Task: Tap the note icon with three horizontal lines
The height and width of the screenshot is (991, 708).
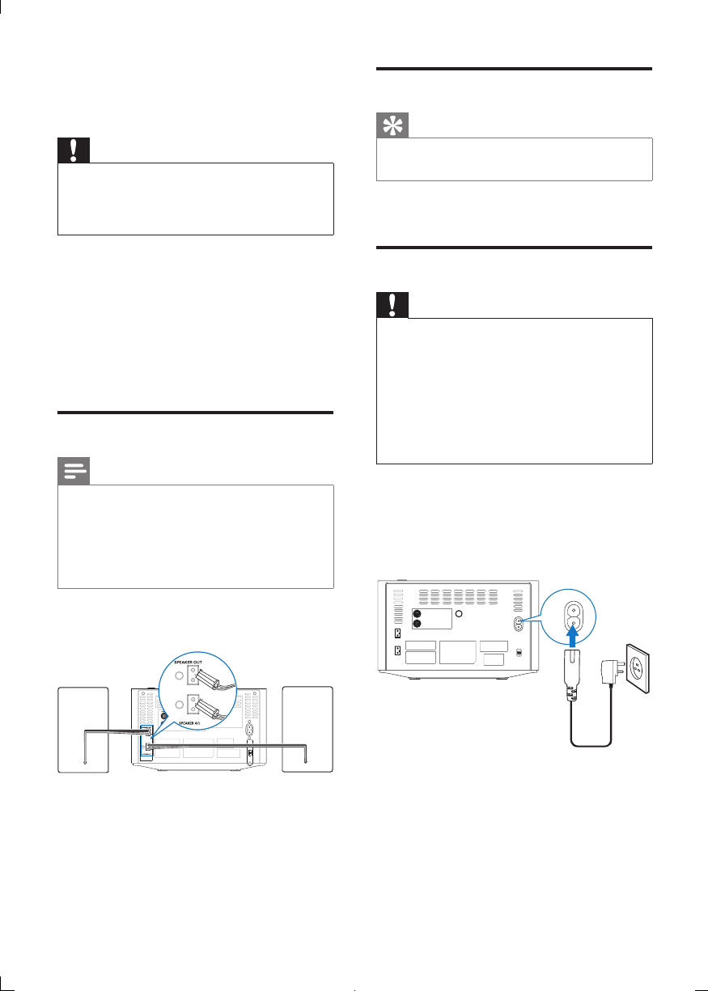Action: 74,472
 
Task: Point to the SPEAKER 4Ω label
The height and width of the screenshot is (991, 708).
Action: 194,715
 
